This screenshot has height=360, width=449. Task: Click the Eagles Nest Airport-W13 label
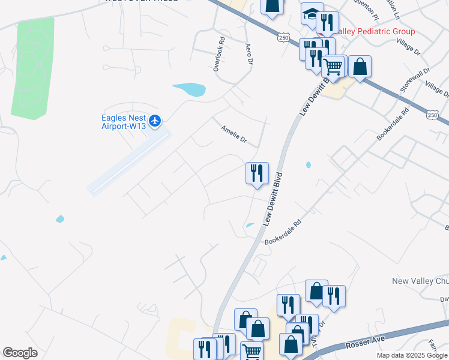pyautogui.click(x=123, y=122)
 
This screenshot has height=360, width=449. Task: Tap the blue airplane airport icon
pyautogui.click(x=155, y=121)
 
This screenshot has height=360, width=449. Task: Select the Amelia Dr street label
pyautogui.click(x=234, y=133)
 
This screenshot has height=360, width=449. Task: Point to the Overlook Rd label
pyautogui.click(x=220, y=53)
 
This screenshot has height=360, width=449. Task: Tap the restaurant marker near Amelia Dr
pyautogui.click(x=257, y=173)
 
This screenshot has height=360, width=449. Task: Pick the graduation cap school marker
pyautogui.click(x=311, y=14)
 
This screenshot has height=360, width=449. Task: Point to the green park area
pyautogui.click(x=33, y=66)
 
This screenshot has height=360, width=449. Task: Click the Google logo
pyautogui.click(x=20, y=353)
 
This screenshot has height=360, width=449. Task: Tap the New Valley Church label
pyautogui.click(x=420, y=281)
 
